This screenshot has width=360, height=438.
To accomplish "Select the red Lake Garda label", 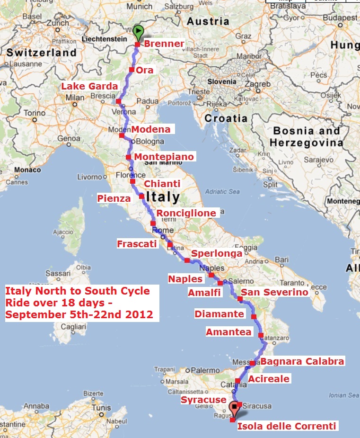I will click(x=89, y=86).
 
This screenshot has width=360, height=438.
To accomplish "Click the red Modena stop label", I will click(x=151, y=129).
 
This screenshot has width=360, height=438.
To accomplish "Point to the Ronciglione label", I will click(x=186, y=213).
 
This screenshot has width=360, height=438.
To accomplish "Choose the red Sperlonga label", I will click(x=217, y=253).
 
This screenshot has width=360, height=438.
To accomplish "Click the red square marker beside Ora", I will click(x=132, y=70).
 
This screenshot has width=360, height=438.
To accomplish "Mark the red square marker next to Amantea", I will click(x=261, y=335).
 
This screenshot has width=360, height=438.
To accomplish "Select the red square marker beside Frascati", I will click(x=170, y=245).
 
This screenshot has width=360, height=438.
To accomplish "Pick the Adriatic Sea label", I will click(x=222, y=191).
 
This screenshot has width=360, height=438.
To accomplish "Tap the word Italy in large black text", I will click(x=163, y=197).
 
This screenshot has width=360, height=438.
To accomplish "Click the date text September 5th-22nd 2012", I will click(x=79, y=314).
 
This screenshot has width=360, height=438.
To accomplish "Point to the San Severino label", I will click(x=274, y=292).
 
